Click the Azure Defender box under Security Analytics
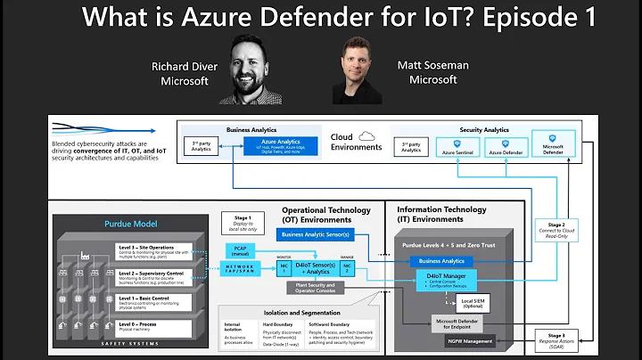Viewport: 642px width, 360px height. (505, 146)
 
